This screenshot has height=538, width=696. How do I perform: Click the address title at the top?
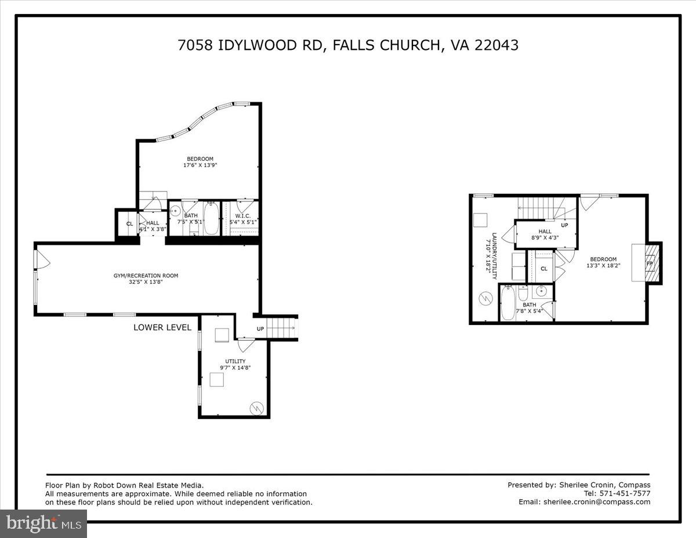click(348, 45)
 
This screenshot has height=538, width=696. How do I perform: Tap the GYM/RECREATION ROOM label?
click(146, 276)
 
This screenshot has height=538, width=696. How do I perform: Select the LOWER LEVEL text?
click(162, 327)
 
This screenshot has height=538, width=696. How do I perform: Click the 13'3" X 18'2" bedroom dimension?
click(603, 266)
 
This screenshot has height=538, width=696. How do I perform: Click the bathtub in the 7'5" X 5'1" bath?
click(211, 219)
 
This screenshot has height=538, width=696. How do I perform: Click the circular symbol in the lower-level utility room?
click(256, 408)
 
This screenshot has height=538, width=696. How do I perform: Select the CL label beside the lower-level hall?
click(129, 224)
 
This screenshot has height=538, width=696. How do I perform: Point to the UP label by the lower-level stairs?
click(260, 329)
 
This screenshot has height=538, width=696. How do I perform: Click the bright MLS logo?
click(43, 524)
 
